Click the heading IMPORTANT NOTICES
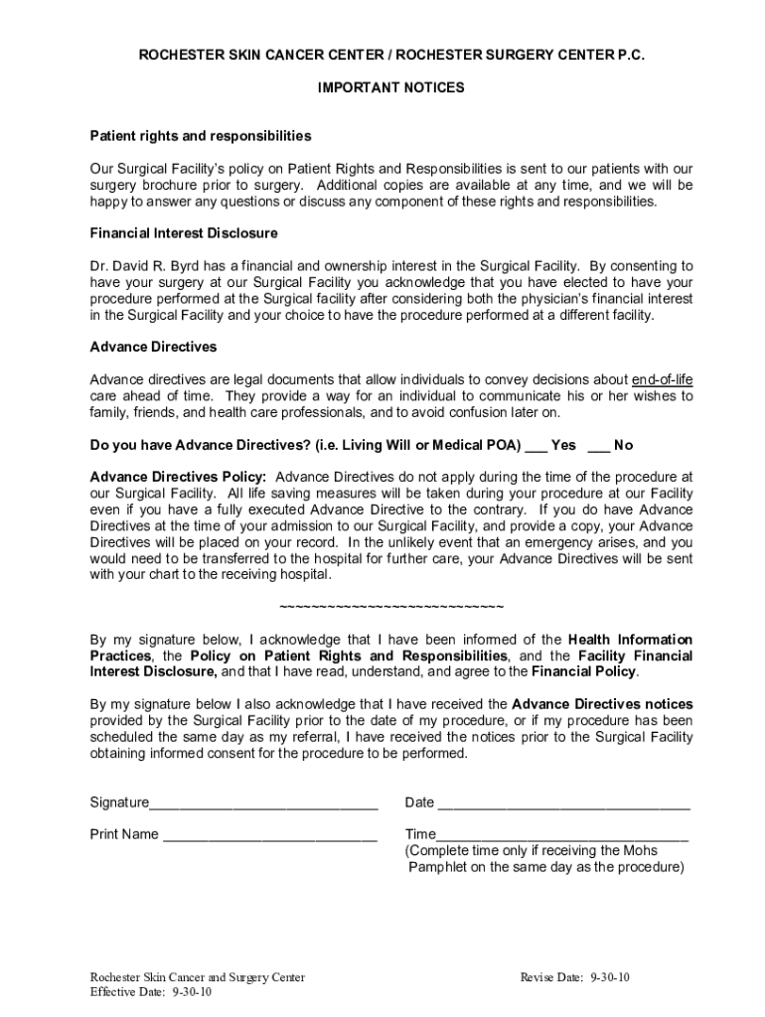coord(390,87)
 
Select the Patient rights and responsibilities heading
coord(201,135)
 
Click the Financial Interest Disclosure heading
coord(184,233)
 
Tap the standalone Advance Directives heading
coord(153,348)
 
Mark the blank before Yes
coord(535,446)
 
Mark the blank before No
coord(598,446)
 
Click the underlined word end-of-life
coord(663,379)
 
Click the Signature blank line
coord(263,803)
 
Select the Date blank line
coord(563,803)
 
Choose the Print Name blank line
coord(270,835)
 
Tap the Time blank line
coord(562,835)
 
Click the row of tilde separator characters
coord(391,607)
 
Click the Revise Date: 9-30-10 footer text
coord(575,977)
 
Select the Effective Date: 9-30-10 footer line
coord(150,992)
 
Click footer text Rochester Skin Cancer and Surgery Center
coord(198,977)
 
